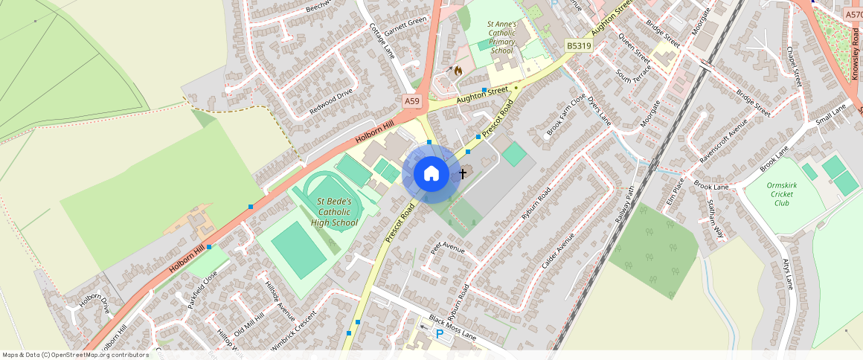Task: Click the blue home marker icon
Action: coord(430,174)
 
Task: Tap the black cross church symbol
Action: coord(462,174)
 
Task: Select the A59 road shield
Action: coord(411,100)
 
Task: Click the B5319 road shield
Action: coord(578,46)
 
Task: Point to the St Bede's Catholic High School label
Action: coord(337,212)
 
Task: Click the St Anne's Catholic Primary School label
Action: coord(501,37)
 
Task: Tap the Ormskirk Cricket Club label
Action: coord(781,193)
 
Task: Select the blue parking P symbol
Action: coord(440,334)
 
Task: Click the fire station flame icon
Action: coord(458,71)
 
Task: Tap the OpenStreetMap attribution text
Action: coord(75,355)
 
